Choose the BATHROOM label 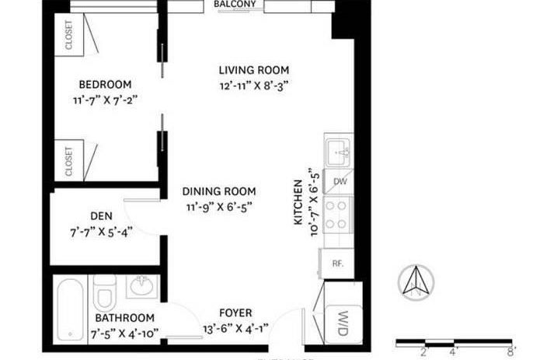[x=124, y=318]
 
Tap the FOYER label [x=235, y=313]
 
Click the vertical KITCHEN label [x=297, y=201]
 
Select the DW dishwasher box [x=340, y=181]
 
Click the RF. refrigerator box [x=338, y=264]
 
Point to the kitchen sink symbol [x=339, y=152]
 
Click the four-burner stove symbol [x=339, y=213]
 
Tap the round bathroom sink [x=141, y=287]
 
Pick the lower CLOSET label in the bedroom [x=68, y=162]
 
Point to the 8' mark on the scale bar [x=510, y=351]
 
